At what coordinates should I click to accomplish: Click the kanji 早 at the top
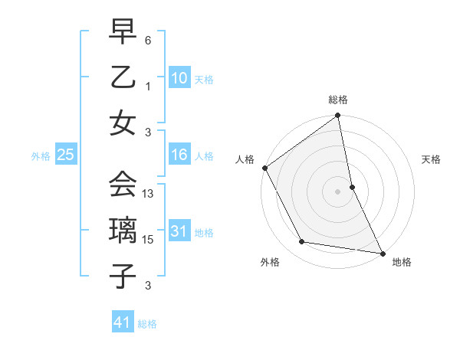coord(123,34)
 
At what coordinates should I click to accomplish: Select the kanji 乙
coord(123,77)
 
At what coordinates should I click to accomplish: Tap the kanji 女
coord(123,123)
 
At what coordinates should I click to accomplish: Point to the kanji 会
coord(123,185)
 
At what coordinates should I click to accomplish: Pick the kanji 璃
coord(123,231)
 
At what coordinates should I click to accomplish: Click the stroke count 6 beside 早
coord(148,39)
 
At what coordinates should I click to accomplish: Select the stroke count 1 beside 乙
coord(149,86)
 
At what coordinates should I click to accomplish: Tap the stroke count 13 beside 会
coord(149,194)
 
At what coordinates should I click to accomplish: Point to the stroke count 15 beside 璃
coord(149,240)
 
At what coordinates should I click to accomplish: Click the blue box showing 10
coord(179,77)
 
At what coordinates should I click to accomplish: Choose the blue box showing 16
coord(179,155)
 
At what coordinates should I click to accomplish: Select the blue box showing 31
coord(179,231)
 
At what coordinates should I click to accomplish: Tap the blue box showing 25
coord(65,155)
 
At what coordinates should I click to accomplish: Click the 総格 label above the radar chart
coord(338,100)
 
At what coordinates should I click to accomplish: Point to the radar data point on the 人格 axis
coord(265,168)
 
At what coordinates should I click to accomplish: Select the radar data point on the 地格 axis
coord(382,252)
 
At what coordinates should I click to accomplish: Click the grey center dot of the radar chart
coord(338,191)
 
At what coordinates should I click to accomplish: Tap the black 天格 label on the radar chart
coord(432,159)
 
